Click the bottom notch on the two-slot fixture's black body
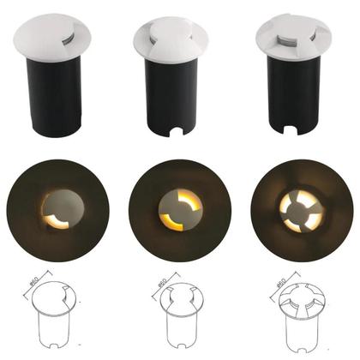coord(177,133)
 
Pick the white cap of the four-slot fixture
coord(291,39)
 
